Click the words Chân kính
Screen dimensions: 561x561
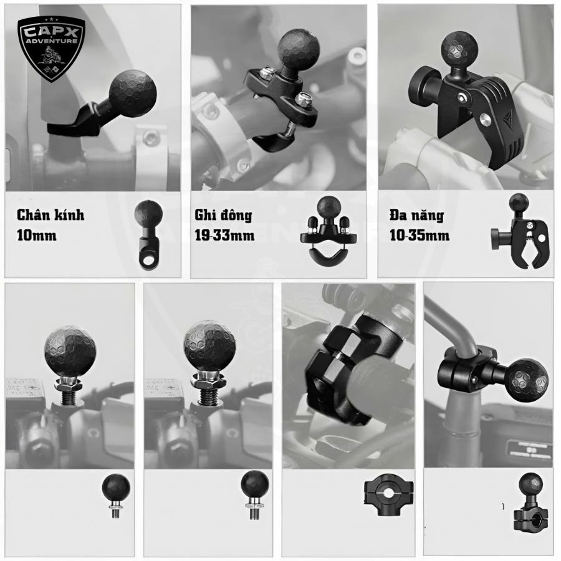pyautogui.click(x=51, y=215)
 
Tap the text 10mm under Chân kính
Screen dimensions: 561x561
pyautogui.click(x=37, y=236)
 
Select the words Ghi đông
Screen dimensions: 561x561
pyautogui.click(x=223, y=215)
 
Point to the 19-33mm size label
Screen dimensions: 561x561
pyautogui.click(x=224, y=236)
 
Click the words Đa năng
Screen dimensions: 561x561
pyautogui.click(x=417, y=216)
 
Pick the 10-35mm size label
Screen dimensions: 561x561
pyautogui.click(x=420, y=236)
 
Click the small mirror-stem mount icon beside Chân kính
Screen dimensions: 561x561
pyautogui.click(x=148, y=235)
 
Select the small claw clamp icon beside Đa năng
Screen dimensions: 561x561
pyautogui.click(x=517, y=231)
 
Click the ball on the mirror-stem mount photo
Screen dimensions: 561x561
pyautogui.click(x=132, y=91)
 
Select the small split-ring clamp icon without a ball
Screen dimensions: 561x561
pyautogui.click(x=388, y=495)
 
